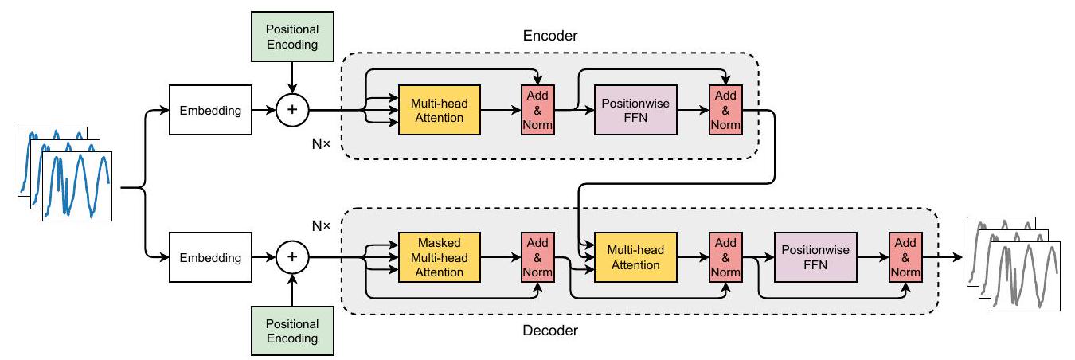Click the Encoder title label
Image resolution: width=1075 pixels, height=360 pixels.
(550, 36)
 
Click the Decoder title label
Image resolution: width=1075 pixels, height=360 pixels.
(550, 329)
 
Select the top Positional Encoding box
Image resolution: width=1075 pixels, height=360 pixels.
(292, 37)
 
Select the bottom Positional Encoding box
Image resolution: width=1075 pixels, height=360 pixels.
(292, 331)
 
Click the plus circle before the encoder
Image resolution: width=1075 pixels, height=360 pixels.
(292, 111)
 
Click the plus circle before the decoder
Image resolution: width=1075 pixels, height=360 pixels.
(292, 257)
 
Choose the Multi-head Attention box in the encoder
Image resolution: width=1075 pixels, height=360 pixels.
(439, 111)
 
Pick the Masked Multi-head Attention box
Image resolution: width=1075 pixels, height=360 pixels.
(439, 257)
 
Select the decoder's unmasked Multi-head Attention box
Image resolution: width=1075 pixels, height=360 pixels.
(635, 257)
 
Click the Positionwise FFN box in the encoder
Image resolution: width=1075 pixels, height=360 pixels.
(635, 111)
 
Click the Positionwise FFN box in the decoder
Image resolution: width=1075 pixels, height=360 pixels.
(815, 257)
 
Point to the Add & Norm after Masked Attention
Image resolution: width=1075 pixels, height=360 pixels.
(537, 257)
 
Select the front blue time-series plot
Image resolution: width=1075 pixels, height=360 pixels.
(77, 186)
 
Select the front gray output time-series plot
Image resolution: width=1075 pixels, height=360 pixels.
(1026, 276)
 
